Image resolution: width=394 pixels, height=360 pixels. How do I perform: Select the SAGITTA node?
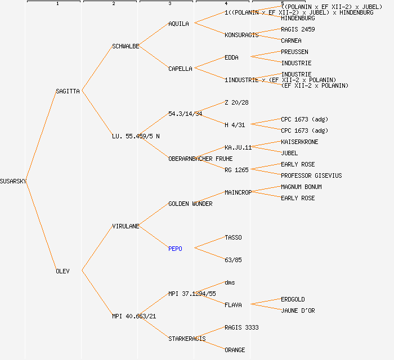click(68, 91)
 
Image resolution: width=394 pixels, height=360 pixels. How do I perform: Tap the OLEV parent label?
click(62, 271)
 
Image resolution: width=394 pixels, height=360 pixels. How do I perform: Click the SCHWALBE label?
click(126, 46)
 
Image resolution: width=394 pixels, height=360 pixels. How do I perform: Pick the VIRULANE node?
click(126, 226)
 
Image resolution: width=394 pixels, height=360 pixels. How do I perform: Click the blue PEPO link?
click(175, 249)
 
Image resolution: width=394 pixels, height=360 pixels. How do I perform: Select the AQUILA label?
click(179, 24)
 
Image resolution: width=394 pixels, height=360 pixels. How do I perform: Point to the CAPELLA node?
click(180, 69)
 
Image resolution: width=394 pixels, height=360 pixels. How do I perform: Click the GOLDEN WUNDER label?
click(190, 204)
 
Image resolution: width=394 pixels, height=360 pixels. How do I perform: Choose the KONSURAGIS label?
click(241, 35)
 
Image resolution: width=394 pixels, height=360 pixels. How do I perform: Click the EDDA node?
click(231, 57)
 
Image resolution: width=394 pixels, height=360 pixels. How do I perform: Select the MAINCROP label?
click(238, 192)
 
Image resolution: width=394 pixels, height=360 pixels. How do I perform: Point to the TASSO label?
click(233, 237)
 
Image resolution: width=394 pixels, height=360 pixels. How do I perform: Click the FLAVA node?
click(233, 305)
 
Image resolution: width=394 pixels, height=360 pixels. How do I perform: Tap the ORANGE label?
click(235, 350)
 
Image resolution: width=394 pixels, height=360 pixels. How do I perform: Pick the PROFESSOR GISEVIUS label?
click(311, 175)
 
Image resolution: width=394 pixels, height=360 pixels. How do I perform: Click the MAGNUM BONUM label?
click(301, 187)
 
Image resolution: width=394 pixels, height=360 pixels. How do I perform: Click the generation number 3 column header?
click(169, 4)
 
